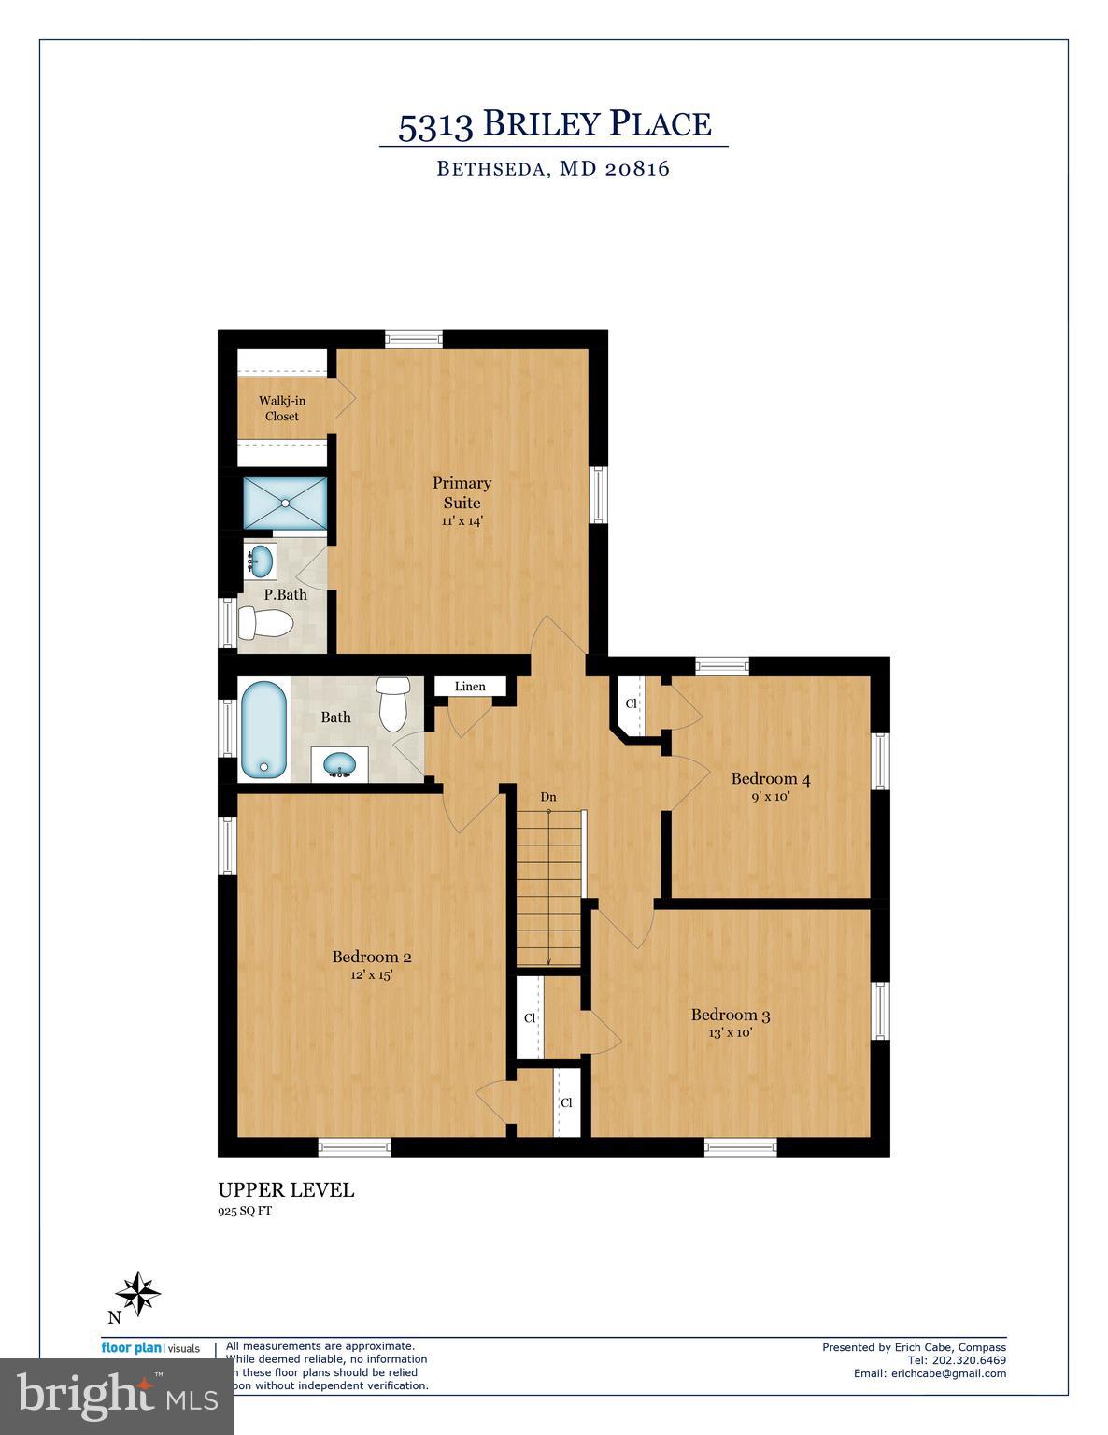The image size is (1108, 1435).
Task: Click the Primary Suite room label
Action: pyautogui.click(x=462, y=492)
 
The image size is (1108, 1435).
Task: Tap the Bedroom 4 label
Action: pyautogui.click(x=770, y=778)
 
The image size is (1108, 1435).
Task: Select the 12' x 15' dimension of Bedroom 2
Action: pyautogui.click(x=371, y=975)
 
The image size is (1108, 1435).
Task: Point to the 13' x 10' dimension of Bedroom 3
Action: pyautogui.click(x=730, y=1033)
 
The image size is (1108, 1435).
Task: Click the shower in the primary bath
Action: pyautogui.click(x=285, y=503)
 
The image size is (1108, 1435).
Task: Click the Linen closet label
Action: pyautogui.click(x=470, y=687)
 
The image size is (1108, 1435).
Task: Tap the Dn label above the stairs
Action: pyautogui.click(x=548, y=797)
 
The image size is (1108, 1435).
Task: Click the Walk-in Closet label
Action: pyautogui.click(x=282, y=408)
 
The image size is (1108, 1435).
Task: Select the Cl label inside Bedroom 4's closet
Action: pyautogui.click(x=631, y=703)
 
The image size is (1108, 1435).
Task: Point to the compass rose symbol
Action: pyautogui.click(x=138, y=1294)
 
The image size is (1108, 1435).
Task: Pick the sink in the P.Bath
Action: pyautogui.click(x=262, y=561)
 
